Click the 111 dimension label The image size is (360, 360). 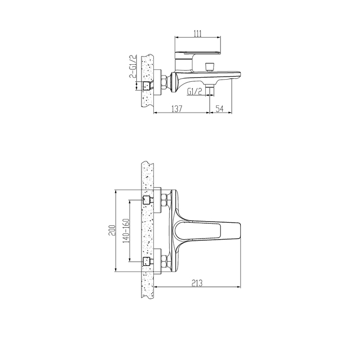click(x=197, y=33)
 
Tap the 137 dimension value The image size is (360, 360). click(x=177, y=109)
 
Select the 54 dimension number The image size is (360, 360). click(x=220, y=109)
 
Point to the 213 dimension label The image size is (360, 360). click(x=197, y=283)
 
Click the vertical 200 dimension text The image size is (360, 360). click(x=112, y=230)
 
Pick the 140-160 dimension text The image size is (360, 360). click(x=126, y=230)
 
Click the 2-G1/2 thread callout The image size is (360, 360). click(x=133, y=66)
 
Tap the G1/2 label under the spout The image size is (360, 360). click(x=194, y=92)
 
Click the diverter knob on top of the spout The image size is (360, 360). click(x=209, y=67)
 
